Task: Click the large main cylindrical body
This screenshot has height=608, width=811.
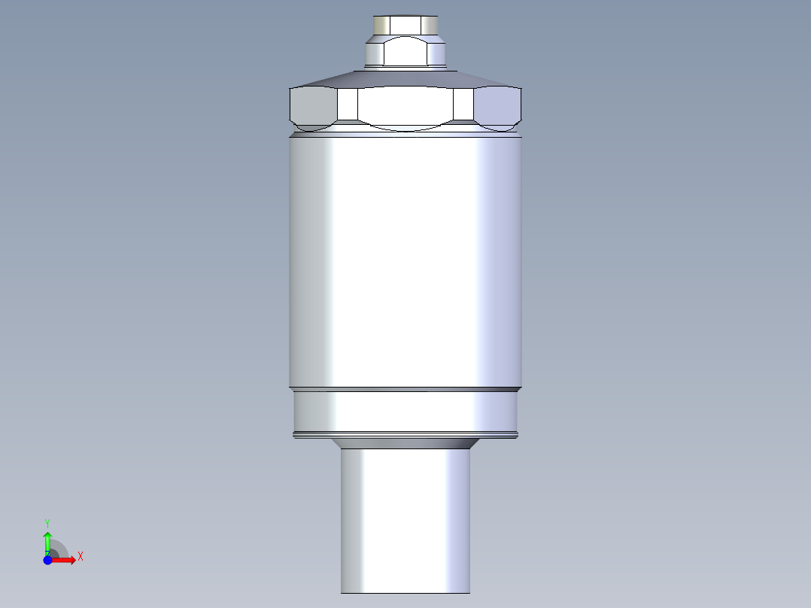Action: point(405,261)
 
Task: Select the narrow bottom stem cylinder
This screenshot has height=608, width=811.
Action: point(405,521)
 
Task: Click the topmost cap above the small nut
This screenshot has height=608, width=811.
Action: point(405,25)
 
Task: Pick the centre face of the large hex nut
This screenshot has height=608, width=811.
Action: point(405,108)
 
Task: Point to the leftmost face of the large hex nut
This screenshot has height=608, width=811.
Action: point(313,108)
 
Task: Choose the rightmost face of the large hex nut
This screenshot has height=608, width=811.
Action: point(497,108)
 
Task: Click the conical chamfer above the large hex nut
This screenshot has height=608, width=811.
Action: point(405,79)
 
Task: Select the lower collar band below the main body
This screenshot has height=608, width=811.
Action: point(405,412)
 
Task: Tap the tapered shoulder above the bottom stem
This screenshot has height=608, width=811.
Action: point(405,443)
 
